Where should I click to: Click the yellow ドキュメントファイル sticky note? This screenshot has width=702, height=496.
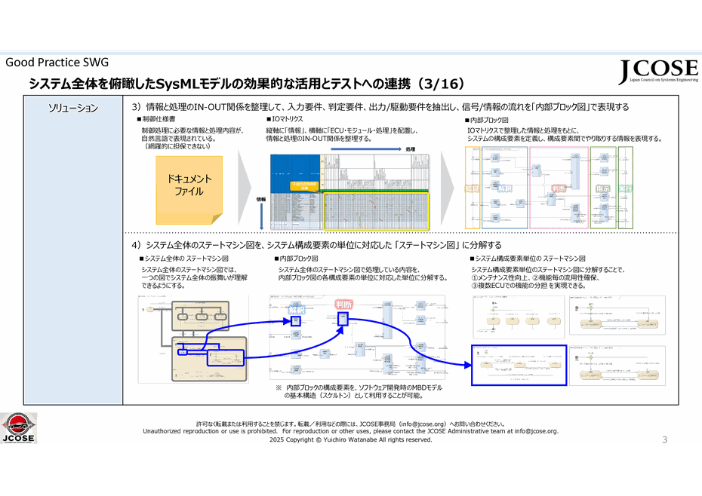tap(189, 185)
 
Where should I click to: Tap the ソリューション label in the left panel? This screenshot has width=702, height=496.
tap(73, 108)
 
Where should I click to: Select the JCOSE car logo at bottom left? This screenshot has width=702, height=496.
tap(19, 427)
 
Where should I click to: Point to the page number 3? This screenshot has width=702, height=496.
tap(665, 440)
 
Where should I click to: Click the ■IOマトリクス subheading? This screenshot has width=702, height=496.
tap(285, 119)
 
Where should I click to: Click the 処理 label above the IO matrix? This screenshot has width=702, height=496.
tap(411, 149)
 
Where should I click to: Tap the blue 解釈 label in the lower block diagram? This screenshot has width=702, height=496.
tap(297, 309)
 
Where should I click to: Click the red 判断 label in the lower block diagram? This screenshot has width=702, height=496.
tap(344, 304)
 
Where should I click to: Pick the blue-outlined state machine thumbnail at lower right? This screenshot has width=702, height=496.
tap(518, 365)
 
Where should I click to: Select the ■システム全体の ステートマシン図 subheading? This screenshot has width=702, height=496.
tap(183, 259)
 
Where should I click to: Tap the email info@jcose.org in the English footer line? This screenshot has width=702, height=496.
tap(536, 431)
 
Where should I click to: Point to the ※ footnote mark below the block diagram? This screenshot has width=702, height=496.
tap(278, 387)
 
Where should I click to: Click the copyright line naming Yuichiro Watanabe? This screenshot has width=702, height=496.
tap(350, 439)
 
